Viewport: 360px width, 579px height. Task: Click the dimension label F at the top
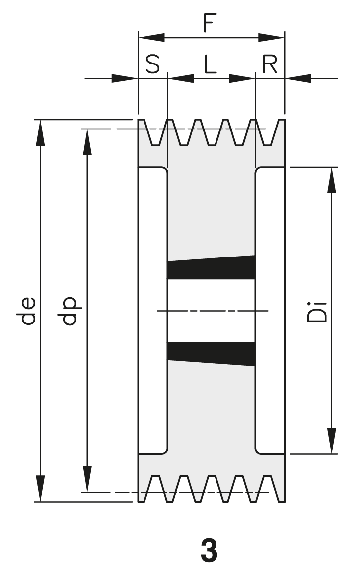click(211, 24)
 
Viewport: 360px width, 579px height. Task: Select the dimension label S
click(153, 64)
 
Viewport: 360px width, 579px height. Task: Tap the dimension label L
click(211, 64)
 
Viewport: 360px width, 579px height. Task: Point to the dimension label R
click(270, 64)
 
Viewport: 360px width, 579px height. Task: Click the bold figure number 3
click(209, 550)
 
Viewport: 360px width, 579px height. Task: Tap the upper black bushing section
click(212, 268)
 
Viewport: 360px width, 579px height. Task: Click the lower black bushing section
click(212, 353)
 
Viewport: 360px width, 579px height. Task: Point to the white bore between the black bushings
click(212, 311)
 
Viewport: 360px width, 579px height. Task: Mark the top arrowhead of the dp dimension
click(87, 142)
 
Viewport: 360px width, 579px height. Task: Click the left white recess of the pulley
click(152, 311)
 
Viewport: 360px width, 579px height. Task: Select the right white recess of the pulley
click(270, 311)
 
